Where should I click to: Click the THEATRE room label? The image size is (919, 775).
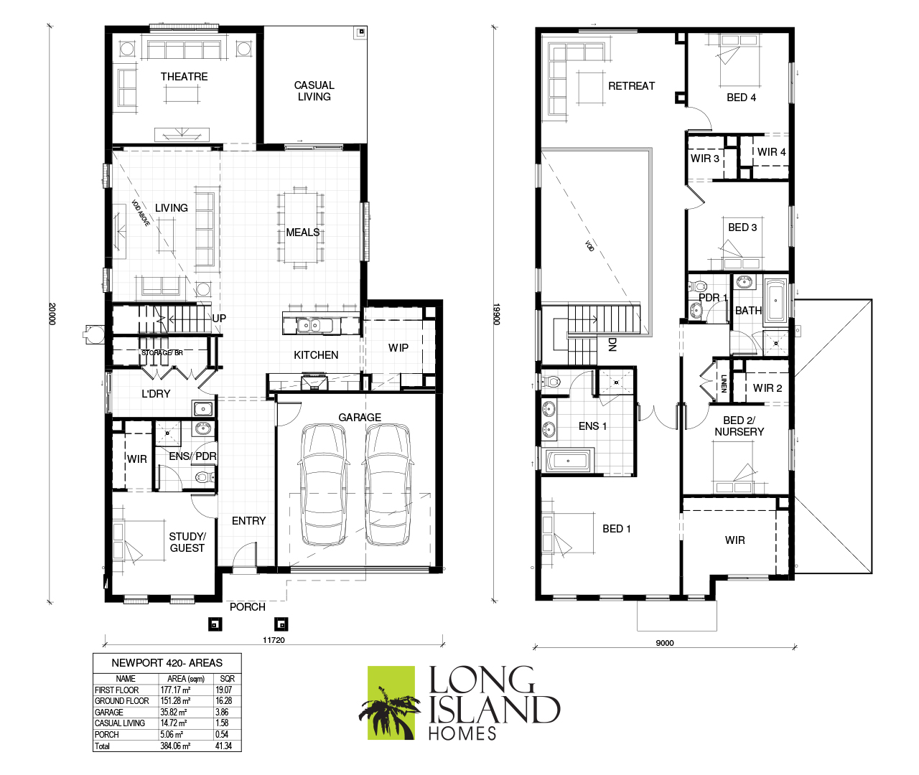pos(184,77)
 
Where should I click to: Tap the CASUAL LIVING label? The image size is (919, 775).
pos(314,91)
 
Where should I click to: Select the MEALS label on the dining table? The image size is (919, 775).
pos(303,232)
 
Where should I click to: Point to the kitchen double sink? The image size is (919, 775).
pos(309,326)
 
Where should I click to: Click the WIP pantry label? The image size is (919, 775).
pos(398,348)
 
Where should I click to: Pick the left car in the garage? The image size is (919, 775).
pos(324,484)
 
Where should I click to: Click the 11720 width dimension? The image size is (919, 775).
pos(274,640)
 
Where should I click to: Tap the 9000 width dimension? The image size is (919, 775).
pos(665,643)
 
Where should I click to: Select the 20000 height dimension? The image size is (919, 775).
pos(52,314)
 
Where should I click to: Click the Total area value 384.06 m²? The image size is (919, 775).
pos(175,746)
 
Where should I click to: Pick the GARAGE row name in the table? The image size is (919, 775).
pos(108,712)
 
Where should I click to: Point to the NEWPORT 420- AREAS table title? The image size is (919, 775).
pos(167,663)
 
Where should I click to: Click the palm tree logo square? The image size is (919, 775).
pos(391,703)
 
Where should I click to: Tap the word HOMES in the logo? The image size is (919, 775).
pos(462,733)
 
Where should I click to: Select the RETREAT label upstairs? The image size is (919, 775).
pos(631,86)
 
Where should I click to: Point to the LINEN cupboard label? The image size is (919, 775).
pos(724,383)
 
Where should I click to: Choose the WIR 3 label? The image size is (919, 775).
pos(704,159)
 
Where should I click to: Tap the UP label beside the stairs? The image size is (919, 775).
pos(219,318)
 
